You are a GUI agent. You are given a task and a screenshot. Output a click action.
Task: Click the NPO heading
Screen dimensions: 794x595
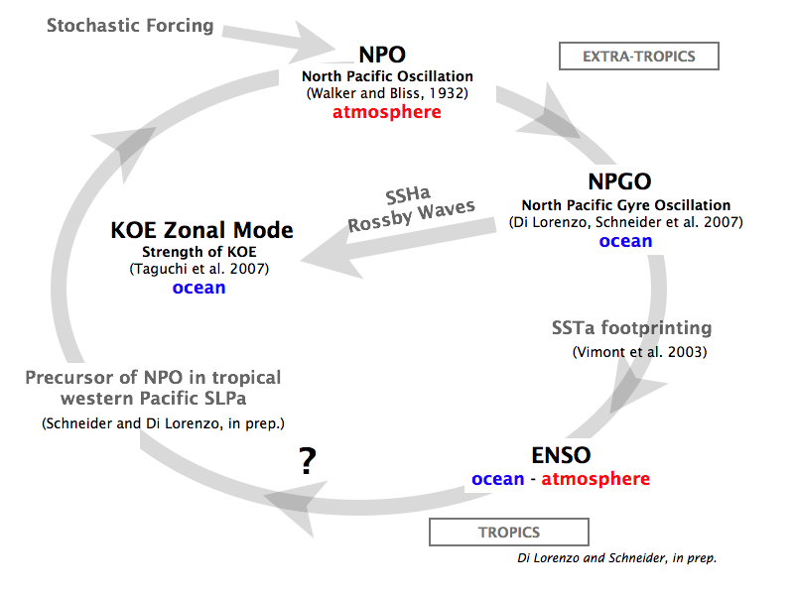[382, 55]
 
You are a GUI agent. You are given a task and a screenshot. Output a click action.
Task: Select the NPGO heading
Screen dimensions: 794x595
[619, 181]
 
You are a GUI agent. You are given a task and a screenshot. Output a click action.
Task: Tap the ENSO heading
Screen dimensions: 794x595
[561, 455]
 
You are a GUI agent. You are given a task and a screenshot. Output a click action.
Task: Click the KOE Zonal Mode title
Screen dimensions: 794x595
[202, 230]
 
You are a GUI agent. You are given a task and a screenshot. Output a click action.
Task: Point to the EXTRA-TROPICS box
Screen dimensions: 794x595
[639, 57]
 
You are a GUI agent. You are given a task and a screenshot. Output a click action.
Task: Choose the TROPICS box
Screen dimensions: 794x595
[509, 533]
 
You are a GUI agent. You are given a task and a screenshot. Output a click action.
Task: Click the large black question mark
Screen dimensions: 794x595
[308, 460]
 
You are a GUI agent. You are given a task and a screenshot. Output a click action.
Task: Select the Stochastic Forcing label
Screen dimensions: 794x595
[130, 26]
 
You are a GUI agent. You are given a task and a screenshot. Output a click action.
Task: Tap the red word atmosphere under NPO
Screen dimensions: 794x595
[387, 112]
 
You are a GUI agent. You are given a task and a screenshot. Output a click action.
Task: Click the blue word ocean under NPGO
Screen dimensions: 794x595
[626, 241]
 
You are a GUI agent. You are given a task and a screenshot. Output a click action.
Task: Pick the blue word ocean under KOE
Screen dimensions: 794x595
[199, 288]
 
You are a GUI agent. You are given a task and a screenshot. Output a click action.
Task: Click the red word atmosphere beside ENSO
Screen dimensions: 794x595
[595, 479]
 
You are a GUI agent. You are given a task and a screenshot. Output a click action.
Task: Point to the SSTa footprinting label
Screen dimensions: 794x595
[632, 328]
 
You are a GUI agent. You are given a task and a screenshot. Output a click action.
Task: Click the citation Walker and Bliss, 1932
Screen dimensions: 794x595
[387, 93]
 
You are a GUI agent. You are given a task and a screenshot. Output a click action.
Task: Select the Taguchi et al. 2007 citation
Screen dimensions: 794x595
[199, 269]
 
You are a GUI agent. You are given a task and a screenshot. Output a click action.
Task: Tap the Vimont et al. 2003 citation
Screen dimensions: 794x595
[639, 352]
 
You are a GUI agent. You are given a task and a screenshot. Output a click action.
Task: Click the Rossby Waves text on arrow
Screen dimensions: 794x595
[412, 215]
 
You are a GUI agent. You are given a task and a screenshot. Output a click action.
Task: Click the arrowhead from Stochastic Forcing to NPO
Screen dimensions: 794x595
[312, 43]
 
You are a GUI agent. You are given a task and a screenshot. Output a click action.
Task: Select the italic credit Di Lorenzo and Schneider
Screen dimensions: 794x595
[617, 558]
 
